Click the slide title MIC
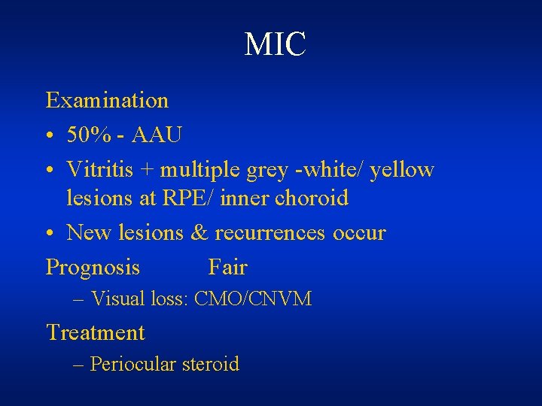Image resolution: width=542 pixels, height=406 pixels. click(276, 44)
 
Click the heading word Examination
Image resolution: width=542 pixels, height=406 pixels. click(108, 100)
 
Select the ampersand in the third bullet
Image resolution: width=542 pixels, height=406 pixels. click(199, 233)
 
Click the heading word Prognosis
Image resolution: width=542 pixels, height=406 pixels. click(93, 268)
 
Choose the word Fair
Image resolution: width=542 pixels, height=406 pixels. click(227, 267)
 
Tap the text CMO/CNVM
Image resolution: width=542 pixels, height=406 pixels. click(253, 299)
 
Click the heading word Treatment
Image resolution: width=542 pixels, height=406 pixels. click(96, 332)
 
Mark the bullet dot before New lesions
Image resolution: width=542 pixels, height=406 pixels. click(50, 234)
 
